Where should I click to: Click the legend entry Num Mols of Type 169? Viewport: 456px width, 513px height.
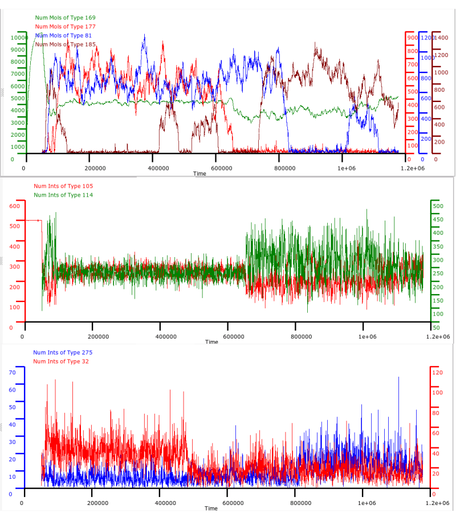click(65, 18)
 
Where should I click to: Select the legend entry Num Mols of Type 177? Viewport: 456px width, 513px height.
click(65, 27)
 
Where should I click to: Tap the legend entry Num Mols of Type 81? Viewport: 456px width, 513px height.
click(63, 35)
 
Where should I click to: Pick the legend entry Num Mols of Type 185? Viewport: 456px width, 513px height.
click(65, 44)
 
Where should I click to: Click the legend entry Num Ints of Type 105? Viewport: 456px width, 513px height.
click(63, 186)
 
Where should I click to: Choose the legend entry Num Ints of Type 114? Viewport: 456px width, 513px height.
click(63, 195)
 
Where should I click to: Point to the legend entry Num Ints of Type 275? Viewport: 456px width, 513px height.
click(63, 353)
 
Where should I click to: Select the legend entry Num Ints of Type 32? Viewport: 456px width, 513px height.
click(61, 361)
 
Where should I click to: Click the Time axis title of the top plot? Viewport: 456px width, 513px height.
click(199, 173)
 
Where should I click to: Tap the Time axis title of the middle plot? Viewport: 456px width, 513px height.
click(211, 342)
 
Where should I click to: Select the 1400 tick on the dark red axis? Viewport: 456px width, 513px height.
click(442, 38)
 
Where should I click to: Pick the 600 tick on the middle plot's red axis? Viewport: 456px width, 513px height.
click(14, 206)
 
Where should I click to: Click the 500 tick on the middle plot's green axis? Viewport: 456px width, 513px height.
click(438, 206)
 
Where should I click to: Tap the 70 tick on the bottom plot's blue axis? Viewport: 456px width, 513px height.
click(11, 372)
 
